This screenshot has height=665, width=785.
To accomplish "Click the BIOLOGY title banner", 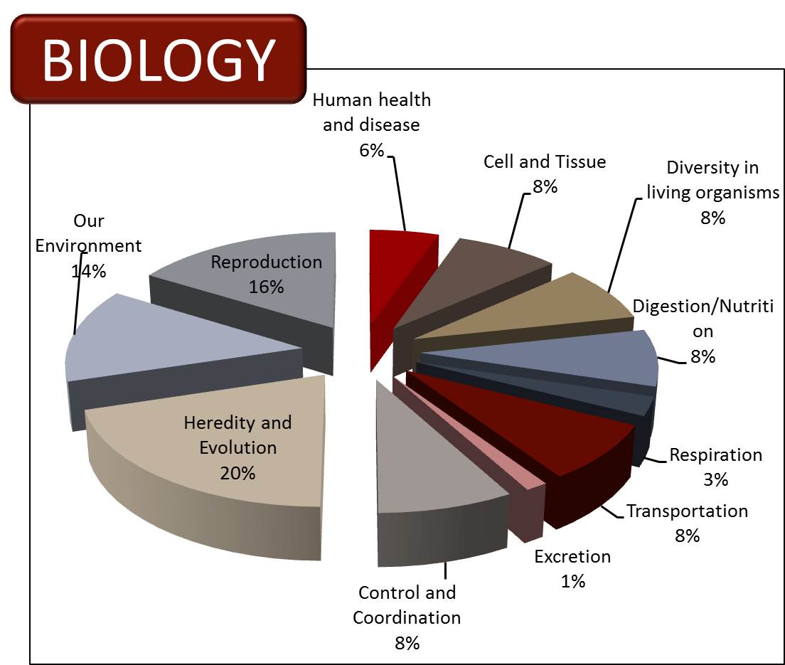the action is point(158,59).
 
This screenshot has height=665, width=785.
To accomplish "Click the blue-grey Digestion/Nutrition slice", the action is point(550,360).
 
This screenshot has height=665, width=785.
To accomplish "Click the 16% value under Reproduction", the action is point(267,287).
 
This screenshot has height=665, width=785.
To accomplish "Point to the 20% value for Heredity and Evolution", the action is point(237,473).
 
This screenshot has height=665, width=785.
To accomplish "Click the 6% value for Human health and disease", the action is point(371,150).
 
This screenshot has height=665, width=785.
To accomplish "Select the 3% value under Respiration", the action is point(716,479).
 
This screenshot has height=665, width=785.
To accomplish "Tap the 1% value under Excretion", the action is point(572,581).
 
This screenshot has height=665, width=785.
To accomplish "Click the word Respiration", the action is point(716,454).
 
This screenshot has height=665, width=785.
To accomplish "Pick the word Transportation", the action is point(688,511).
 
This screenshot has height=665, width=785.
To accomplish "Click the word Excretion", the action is point(572,556).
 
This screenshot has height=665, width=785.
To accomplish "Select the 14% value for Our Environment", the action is point(89,271).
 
